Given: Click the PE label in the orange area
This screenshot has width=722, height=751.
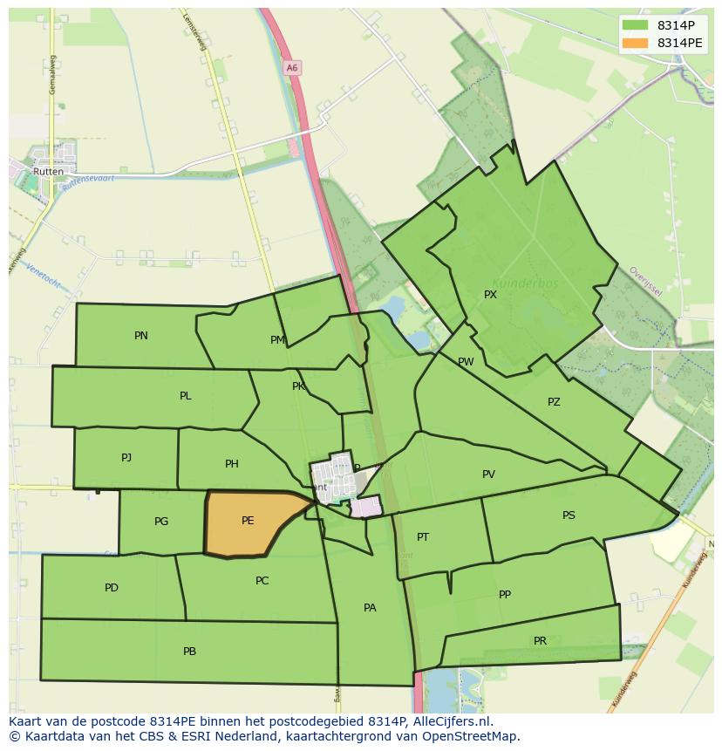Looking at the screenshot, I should (248, 521).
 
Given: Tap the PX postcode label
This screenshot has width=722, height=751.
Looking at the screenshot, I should (490, 295).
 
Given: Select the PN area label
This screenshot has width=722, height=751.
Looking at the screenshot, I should (141, 336).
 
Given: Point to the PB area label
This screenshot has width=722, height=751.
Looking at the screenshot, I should (189, 652).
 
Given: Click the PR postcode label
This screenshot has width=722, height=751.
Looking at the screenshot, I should (540, 641).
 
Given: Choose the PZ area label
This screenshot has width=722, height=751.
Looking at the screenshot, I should (554, 402).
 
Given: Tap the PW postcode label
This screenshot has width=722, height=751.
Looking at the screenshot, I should (466, 362).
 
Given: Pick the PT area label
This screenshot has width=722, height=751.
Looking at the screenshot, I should (423, 537).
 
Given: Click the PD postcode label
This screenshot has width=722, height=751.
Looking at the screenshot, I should (112, 588).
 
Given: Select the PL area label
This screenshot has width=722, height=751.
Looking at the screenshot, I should (185, 396).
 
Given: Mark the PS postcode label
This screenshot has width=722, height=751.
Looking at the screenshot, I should (569, 515).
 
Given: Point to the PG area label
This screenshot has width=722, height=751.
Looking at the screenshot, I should (161, 522).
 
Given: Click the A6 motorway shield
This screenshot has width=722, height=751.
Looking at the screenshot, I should (291, 67).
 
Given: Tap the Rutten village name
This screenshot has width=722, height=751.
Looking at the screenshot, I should (49, 172).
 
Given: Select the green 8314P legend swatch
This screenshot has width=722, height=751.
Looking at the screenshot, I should (636, 25).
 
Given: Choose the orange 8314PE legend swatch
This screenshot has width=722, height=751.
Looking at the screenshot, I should (636, 43).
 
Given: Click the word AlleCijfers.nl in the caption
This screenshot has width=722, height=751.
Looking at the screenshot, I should (453, 721).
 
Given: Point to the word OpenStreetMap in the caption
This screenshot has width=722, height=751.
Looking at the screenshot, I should (475, 736).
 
